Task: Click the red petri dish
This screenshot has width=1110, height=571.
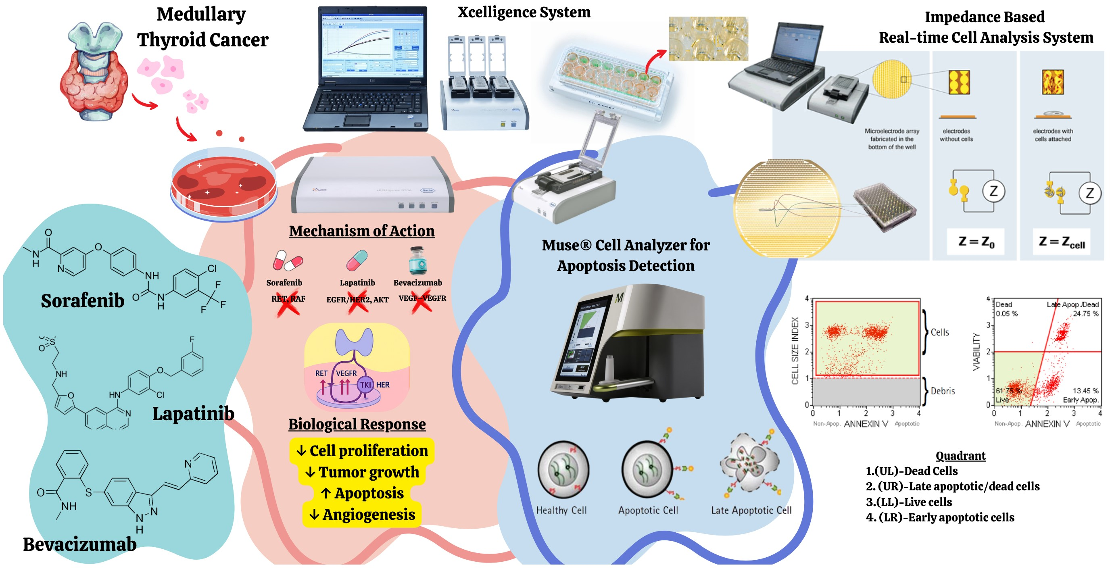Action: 223,183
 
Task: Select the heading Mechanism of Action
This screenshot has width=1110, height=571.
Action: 361,231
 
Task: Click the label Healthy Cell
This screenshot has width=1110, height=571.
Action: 561,510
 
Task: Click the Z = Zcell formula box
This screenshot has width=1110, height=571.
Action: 1061,242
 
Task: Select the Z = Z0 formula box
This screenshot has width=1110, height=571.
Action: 976,242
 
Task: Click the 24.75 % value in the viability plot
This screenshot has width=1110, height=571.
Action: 1085,313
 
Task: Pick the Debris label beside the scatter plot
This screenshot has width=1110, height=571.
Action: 942,391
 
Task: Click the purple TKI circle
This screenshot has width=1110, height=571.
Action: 365,384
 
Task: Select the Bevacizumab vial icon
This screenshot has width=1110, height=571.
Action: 417,261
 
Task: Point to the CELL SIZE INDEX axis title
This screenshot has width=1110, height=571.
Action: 795,351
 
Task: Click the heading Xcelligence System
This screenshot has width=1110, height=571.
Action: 524,12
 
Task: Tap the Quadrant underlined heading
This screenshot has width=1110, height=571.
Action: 960,456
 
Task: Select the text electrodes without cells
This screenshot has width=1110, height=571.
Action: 956,135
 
